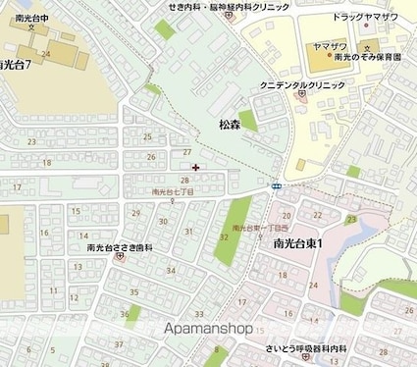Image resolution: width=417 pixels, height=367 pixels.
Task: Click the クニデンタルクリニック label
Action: coord(302,86)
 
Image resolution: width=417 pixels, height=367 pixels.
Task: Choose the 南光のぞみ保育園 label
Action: coord(365,59)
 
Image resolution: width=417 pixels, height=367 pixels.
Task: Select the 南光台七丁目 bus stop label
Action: coord(173,192)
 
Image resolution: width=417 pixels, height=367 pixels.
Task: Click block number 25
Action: coord(148,136)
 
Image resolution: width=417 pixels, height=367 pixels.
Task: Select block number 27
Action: coord(186,153)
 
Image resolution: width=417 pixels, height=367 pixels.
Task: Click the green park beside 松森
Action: coord(249,122)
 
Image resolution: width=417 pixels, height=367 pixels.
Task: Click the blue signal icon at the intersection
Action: coord(278,185)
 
